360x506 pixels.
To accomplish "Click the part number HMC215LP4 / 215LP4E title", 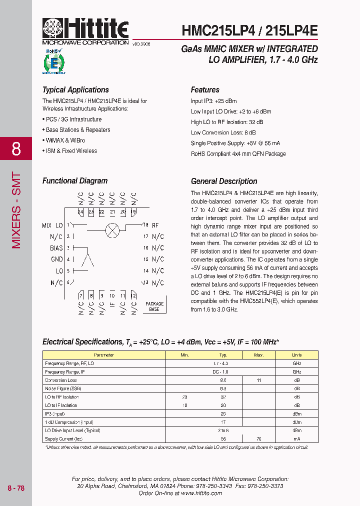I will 249,30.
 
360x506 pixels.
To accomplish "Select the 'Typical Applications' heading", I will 75,90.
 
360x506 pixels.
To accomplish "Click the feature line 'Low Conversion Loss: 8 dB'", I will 223,132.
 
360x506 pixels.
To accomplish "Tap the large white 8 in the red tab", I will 16,148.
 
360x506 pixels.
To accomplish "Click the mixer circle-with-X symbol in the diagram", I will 112,230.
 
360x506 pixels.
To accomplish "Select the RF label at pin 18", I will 155,225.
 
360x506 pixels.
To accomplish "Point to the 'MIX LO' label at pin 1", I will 52,225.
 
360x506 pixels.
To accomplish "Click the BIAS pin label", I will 56,248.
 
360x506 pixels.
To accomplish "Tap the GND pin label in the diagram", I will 57,259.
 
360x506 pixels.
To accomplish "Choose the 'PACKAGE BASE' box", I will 154,306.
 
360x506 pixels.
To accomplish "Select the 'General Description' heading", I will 224,181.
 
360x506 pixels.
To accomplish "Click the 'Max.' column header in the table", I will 258,355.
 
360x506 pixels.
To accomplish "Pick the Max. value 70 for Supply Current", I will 258,438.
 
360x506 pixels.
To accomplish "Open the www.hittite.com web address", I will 201,493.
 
